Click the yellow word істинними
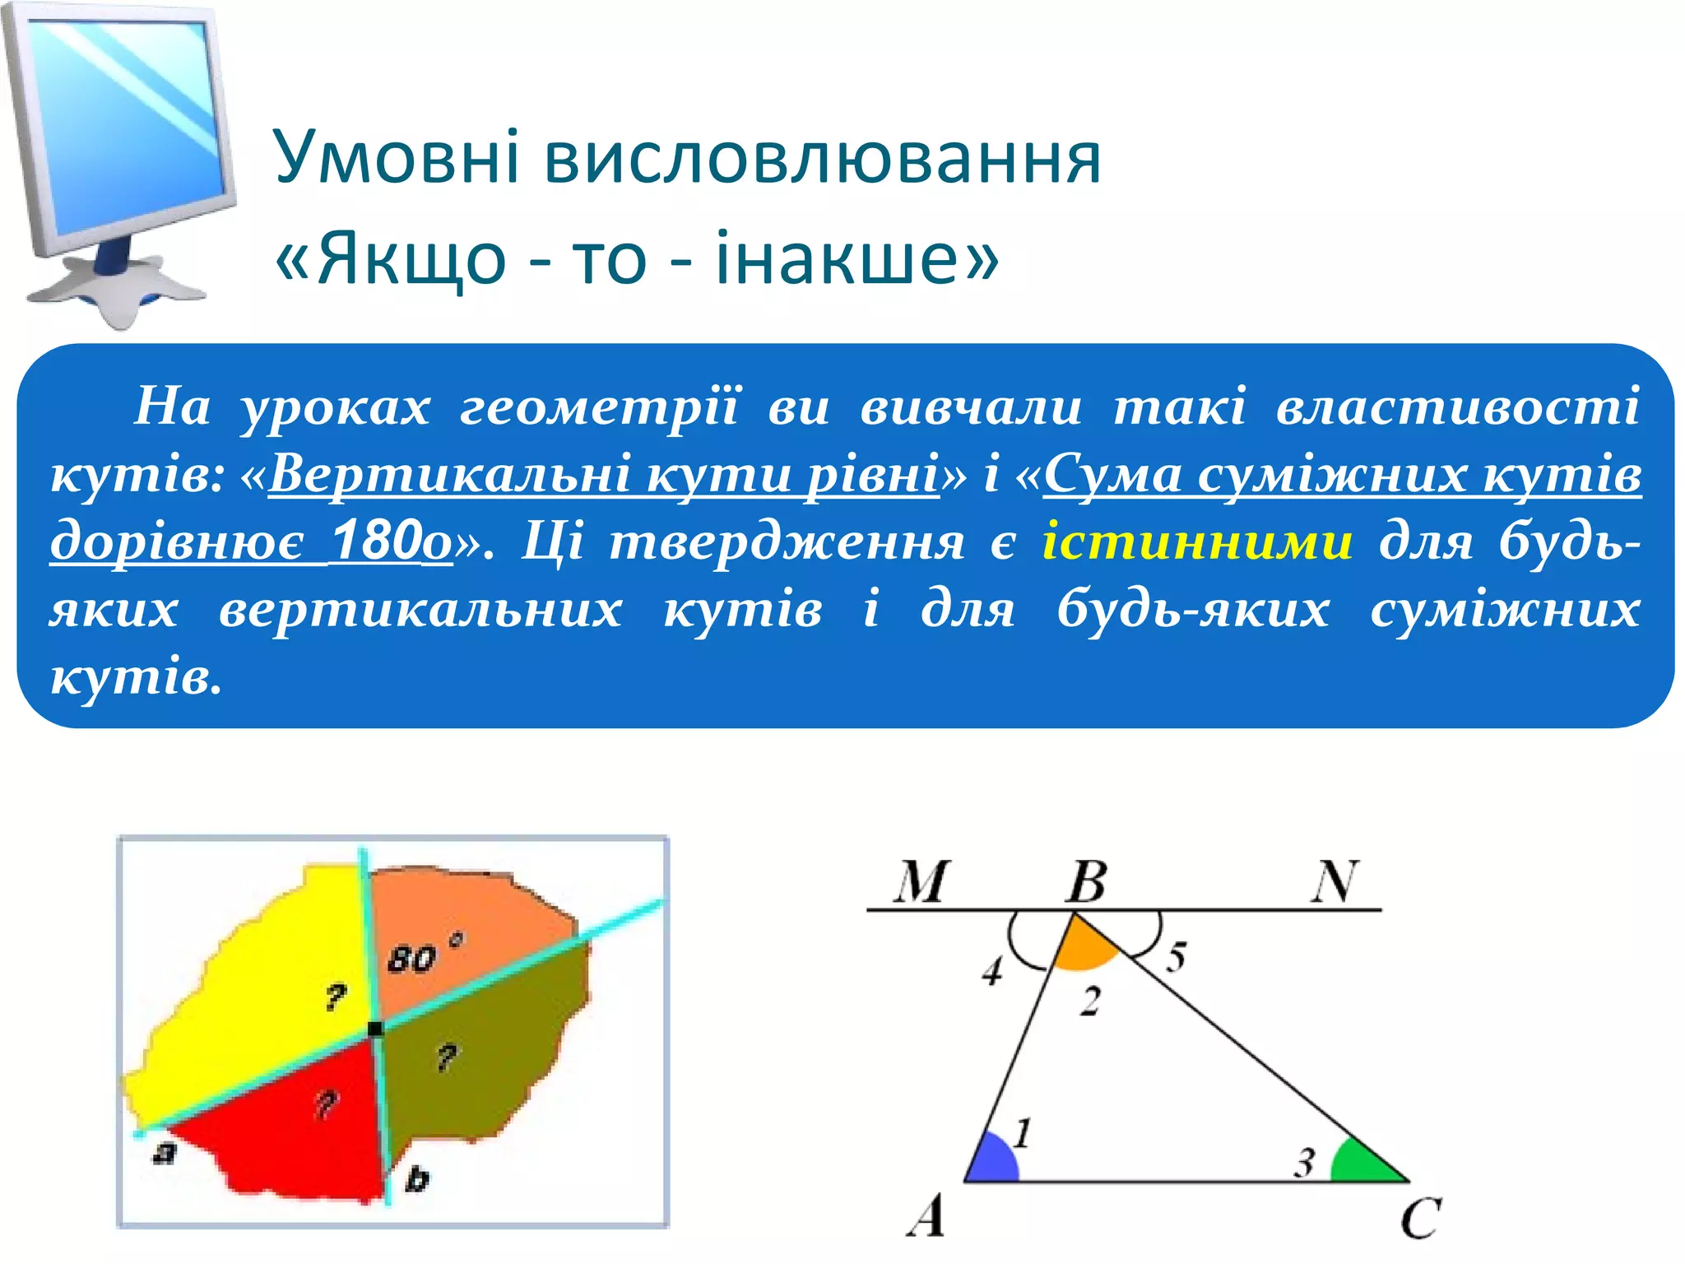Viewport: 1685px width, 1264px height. [x=1197, y=543]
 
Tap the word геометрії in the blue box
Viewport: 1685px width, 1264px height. [x=599, y=407]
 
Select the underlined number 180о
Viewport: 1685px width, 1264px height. [x=392, y=543]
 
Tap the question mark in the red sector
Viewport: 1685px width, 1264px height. [x=327, y=1104]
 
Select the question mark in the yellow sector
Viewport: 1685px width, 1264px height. [x=335, y=998]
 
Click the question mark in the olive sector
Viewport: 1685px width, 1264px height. [x=447, y=1057]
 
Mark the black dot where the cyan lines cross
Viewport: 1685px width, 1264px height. [x=375, y=1029]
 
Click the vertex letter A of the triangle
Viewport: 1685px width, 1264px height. [x=926, y=1217]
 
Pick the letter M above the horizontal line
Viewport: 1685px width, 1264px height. [x=921, y=882]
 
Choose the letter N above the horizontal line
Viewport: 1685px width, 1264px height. [x=1334, y=882]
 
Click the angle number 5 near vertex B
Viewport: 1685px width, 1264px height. [x=1177, y=957]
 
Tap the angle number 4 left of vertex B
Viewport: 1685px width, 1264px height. [x=993, y=972]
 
